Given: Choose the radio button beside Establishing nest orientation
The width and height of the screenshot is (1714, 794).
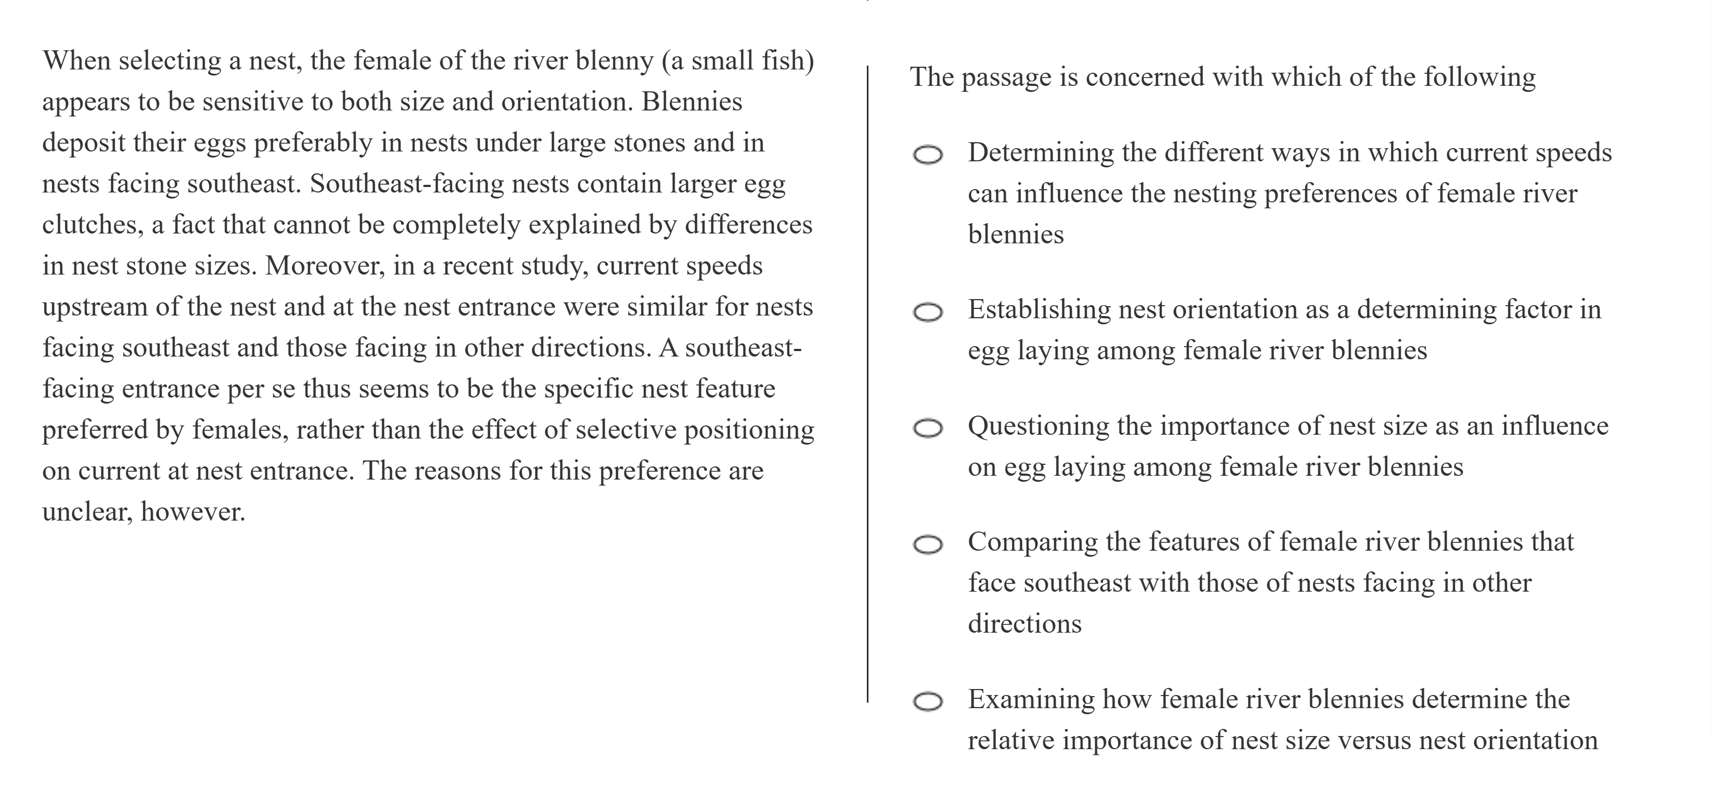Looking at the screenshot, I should click(x=928, y=312).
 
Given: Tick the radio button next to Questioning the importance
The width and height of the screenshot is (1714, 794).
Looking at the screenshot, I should click(x=928, y=429).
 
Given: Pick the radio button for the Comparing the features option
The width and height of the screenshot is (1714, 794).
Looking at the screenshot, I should click(x=928, y=545).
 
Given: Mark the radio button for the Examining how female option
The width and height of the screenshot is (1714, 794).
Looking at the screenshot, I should click(x=928, y=702).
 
